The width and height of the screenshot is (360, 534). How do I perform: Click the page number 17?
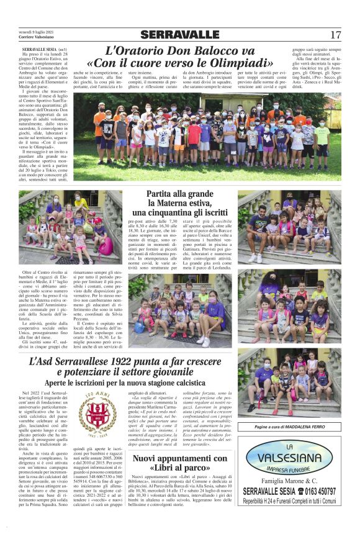335,35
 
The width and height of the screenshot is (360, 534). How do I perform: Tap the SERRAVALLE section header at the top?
179,35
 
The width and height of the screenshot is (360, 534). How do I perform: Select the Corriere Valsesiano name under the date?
37,38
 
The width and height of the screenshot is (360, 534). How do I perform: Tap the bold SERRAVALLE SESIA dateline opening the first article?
40,48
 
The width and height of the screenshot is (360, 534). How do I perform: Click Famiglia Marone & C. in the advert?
289,482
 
